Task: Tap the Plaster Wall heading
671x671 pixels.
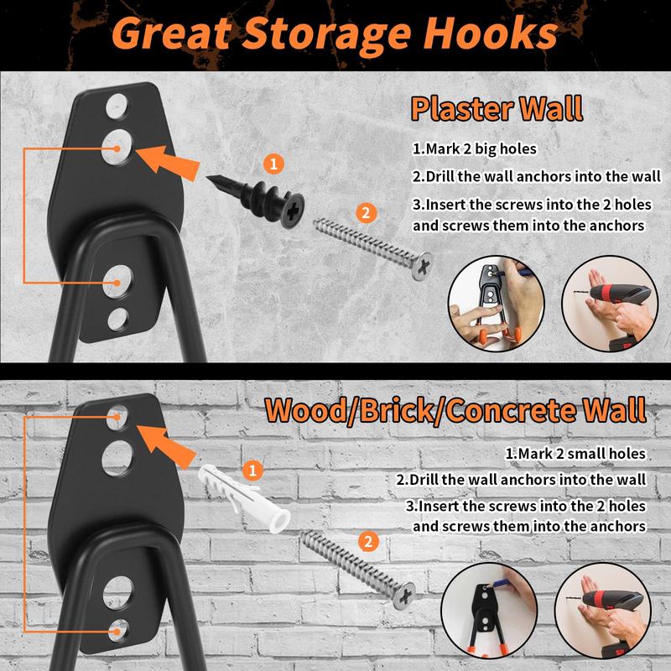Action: (x=497, y=108)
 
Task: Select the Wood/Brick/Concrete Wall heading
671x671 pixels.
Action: (x=455, y=410)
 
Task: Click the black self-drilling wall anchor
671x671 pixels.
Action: (x=257, y=200)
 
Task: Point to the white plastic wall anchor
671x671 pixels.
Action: (x=244, y=498)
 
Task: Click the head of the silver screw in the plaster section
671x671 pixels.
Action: (x=422, y=267)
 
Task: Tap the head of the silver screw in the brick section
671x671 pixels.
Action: (x=403, y=596)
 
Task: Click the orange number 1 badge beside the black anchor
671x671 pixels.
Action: (x=274, y=164)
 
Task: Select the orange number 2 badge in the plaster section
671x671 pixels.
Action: (x=366, y=213)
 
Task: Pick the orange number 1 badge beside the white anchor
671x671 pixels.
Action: (x=252, y=471)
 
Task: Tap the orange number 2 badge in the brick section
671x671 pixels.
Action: (x=368, y=542)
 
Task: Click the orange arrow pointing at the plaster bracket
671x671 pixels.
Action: (x=169, y=162)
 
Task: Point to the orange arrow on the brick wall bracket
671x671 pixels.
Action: (x=167, y=446)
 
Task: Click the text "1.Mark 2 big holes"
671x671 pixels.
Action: (x=474, y=149)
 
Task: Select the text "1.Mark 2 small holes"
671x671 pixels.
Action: (x=575, y=454)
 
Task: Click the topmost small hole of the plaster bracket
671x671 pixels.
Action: (x=117, y=107)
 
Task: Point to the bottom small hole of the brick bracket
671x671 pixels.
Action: (x=117, y=631)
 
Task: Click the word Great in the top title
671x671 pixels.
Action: (x=172, y=34)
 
